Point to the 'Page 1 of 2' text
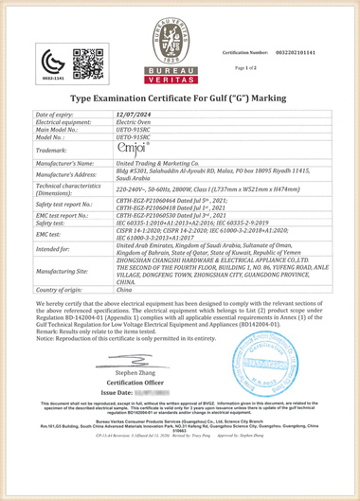(246, 68)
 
